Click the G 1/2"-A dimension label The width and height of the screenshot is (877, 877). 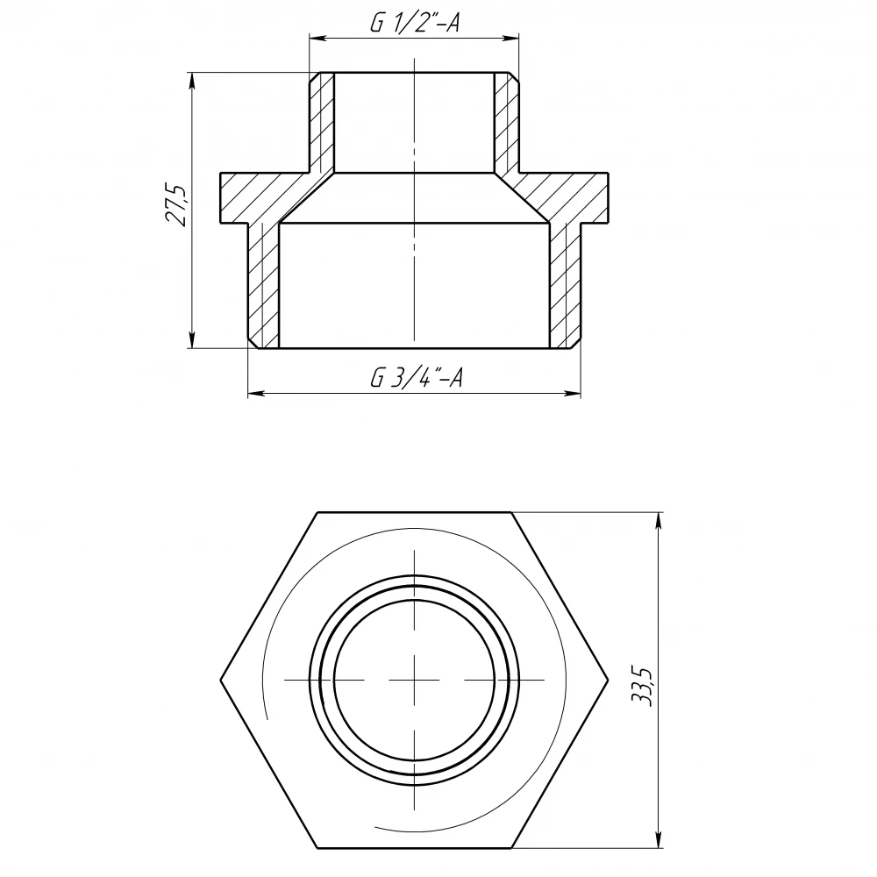(x=415, y=23)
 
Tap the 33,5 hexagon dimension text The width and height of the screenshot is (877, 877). (x=643, y=687)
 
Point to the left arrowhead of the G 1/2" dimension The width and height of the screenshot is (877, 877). (x=317, y=38)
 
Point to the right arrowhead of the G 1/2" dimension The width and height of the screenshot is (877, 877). (x=511, y=38)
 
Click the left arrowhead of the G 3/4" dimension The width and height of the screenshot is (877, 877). (x=255, y=394)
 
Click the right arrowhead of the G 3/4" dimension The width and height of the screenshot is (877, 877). (x=573, y=394)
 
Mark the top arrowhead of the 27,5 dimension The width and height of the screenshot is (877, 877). (x=192, y=81)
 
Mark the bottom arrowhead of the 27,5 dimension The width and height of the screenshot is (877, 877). (x=192, y=339)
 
